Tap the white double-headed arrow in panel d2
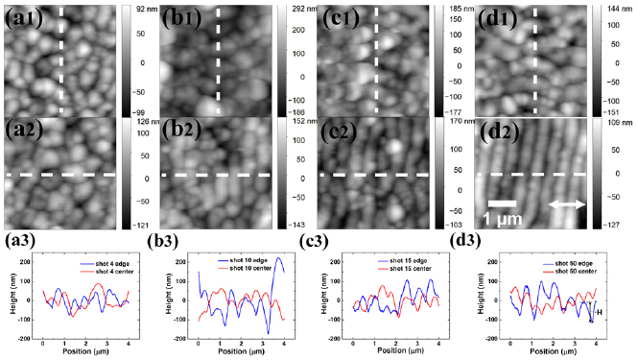point(564,204)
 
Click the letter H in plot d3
point(600,312)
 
